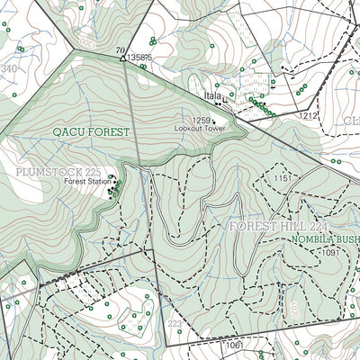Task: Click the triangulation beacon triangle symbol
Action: pos(123,58)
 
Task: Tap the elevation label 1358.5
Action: pos(140,58)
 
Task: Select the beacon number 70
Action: pos(119,50)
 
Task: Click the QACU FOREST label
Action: pos(91,131)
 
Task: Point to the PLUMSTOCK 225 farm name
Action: pos(58,171)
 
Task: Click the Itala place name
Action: pos(212,94)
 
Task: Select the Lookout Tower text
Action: pos(197,129)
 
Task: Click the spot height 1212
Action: pos(310,116)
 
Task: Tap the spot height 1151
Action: pos(284,179)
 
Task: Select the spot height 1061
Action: pos(235,345)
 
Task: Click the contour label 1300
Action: pos(86,41)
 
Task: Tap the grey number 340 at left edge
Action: pos(9,68)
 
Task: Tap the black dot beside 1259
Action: pos(214,121)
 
